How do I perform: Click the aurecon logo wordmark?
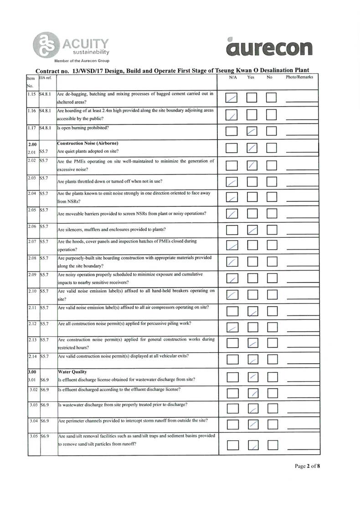269,47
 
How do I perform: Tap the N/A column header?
233,78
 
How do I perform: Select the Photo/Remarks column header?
299,78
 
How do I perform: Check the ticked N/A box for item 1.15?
232,98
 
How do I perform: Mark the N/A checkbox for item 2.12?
232,327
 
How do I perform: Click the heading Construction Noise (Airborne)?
87,144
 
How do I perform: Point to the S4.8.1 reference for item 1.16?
46,111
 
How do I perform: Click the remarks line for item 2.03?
302,185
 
